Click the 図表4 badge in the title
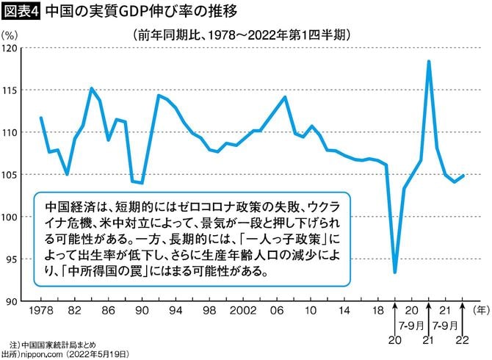tap(19, 12)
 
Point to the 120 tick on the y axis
tap(10, 48)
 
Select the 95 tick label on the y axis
tap(12, 259)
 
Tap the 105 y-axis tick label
tap(10, 175)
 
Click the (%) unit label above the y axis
tap(11, 34)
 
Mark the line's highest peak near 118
tap(428, 62)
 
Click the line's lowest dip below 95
tap(395, 272)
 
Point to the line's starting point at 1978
tap(40, 118)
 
